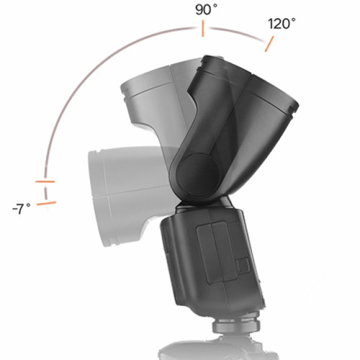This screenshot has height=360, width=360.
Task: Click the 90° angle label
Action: coord(206,10)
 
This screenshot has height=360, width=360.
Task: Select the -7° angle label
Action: coord(21,209)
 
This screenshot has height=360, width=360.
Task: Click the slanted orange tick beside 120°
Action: coord(269,44)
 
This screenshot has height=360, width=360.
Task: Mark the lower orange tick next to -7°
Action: coord(46,202)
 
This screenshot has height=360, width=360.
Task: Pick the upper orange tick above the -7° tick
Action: coord(44,182)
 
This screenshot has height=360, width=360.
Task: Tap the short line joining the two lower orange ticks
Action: coord(46,192)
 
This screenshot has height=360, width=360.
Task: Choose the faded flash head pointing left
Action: coord(118,191)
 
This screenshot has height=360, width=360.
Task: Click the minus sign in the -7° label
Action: coord(14,209)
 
